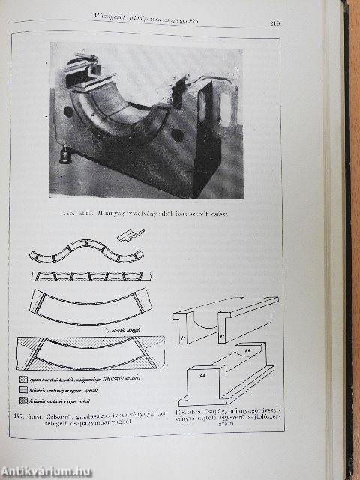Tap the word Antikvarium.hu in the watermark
tap(37, 471)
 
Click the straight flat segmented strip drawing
tap(84, 276)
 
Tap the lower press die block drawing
tap(225, 375)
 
